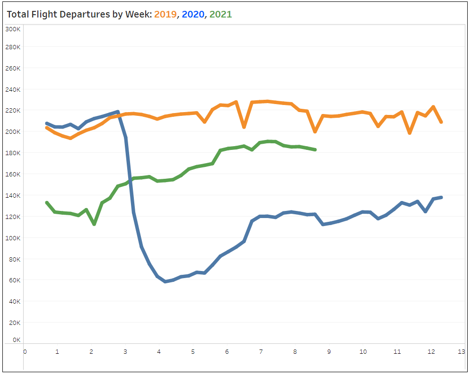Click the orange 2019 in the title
165,14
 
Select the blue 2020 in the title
193,14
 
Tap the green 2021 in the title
220,14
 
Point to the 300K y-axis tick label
12,29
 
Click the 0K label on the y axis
16,340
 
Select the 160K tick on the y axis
12,174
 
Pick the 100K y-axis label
12,238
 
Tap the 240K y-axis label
12,89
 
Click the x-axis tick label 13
461,351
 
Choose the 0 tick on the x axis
25,351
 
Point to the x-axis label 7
261,351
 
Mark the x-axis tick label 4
159,351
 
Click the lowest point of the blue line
165,281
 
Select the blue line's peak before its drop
117,112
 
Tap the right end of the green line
315,149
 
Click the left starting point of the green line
46,202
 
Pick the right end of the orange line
441,122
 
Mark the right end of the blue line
441,197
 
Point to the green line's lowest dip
94,224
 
